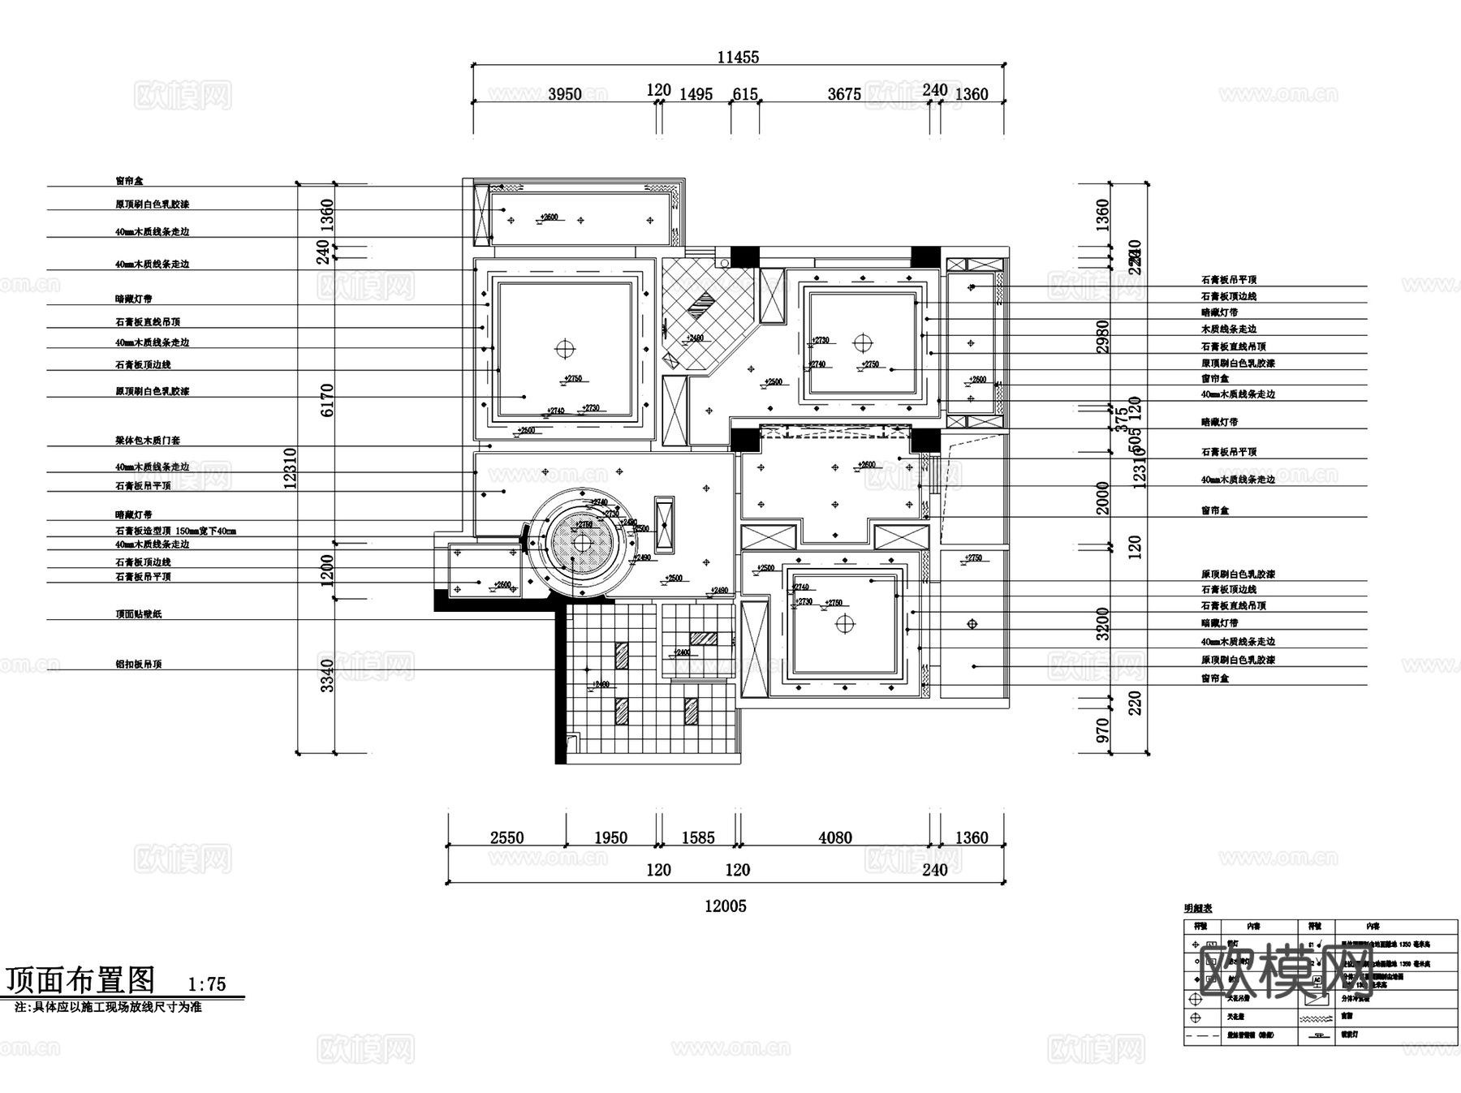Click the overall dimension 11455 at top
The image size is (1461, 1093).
click(x=738, y=58)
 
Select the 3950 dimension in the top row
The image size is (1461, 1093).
click(x=564, y=94)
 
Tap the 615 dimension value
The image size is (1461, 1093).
click(x=744, y=94)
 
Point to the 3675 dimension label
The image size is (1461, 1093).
click(x=843, y=94)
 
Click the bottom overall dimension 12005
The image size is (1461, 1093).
click(x=725, y=906)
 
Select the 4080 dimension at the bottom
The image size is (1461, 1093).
click(x=834, y=837)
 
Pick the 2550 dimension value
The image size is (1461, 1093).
click(x=506, y=837)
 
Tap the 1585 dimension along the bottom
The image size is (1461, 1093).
click(x=697, y=837)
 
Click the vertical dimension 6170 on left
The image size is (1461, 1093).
click(x=327, y=400)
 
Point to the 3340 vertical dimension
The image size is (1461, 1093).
click(x=327, y=675)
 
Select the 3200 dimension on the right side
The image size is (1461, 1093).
click(x=1102, y=623)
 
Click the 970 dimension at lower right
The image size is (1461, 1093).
click(x=1102, y=729)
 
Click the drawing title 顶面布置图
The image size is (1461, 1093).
click(x=80, y=980)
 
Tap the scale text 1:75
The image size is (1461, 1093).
click(x=207, y=984)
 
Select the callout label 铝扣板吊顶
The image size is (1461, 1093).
click(x=138, y=664)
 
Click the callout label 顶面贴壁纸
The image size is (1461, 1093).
click(x=138, y=614)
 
